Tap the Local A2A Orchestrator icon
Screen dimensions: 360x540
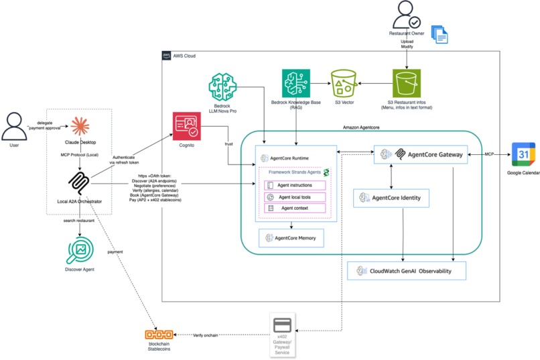[80, 180]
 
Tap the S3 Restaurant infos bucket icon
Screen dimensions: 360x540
[407, 84]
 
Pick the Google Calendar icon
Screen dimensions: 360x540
[523, 154]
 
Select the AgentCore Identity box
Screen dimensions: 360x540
[391, 198]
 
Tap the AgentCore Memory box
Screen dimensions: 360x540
[291, 238]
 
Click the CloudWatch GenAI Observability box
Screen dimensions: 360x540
[406, 271]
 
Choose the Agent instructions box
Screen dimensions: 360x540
[295, 185]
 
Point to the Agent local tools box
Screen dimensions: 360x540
[295, 197]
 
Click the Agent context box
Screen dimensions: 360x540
[295, 208]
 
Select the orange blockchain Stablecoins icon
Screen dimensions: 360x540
[159, 335]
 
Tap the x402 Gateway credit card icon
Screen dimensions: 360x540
[281, 326]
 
